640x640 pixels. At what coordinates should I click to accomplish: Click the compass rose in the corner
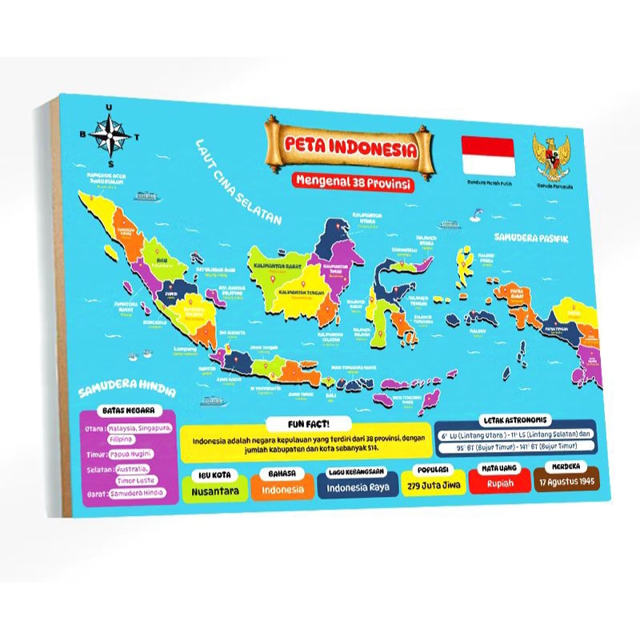[109, 137]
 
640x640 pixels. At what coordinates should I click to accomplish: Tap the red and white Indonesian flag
[487, 155]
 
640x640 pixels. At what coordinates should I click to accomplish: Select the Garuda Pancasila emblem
[552, 155]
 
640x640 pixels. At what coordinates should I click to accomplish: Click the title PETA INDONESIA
[350, 149]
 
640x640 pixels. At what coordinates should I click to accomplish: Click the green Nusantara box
[213, 488]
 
